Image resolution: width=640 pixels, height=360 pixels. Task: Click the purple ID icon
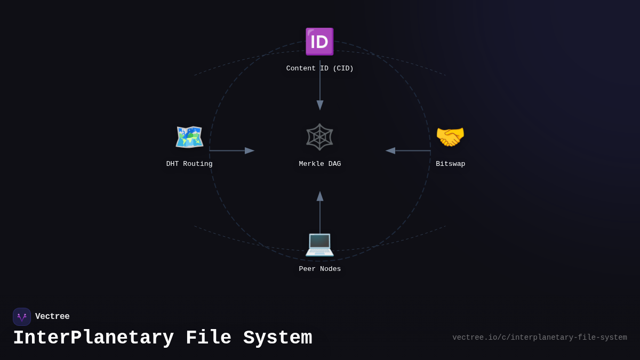319,42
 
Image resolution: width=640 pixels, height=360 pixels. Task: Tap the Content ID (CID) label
319,68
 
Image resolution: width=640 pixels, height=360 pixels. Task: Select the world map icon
189,137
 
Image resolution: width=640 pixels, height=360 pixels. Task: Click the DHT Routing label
189,164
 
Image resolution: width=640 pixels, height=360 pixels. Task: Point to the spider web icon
319,137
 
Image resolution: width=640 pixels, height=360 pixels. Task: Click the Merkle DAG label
319,164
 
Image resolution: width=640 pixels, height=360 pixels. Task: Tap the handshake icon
450,137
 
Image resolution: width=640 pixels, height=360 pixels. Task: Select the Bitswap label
450,164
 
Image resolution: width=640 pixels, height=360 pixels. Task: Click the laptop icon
319,243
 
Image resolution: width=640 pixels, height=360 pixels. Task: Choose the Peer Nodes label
319,269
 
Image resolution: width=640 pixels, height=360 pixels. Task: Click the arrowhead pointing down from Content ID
320,105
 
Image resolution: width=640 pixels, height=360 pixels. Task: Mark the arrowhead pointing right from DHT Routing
250,151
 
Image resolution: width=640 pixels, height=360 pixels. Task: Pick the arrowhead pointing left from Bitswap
390,151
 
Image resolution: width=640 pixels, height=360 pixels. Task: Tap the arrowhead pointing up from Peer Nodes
320,196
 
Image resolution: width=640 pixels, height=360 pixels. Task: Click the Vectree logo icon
22,317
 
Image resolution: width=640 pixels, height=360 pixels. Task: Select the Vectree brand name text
52,316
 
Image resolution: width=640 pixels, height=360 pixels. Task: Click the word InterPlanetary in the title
93,338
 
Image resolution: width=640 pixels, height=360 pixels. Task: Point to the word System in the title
277,338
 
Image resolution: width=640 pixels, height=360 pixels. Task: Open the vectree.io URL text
539,338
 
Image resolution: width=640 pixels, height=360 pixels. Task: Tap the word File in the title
209,338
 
